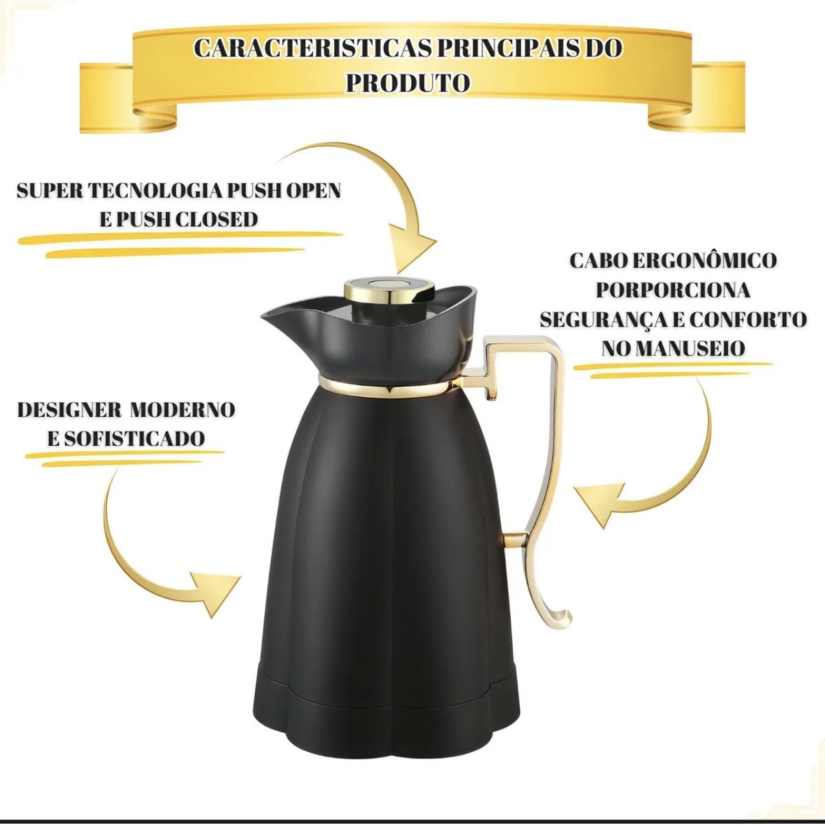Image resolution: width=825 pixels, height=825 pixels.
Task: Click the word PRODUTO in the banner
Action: point(408,82)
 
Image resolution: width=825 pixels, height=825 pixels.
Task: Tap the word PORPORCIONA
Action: point(672,289)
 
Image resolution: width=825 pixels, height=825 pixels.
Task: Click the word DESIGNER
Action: point(68,410)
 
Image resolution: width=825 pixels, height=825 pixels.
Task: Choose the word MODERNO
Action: point(183,410)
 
